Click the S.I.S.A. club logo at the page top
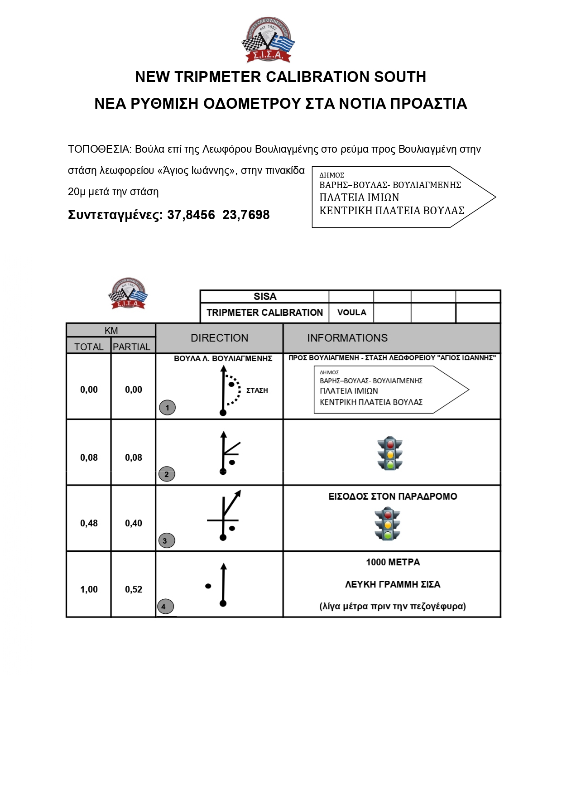tap(268, 40)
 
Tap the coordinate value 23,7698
tap(246, 215)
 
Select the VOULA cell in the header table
tap(351, 313)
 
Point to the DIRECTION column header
tap(219, 338)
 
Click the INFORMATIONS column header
tap(347, 338)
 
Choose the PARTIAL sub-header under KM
tap(131, 347)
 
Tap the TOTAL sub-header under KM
tap(89, 347)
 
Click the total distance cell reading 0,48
tap(89, 523)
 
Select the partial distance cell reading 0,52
tap(134, 589)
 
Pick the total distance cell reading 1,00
tap(89, 589)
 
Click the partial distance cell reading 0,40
tap(134, 523)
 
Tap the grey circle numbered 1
tap(167, 408)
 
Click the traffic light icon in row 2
tap(389, 453)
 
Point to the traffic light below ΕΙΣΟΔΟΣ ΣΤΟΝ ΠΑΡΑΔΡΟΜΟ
tap(387, 524)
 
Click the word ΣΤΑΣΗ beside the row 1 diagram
tap(257, 390)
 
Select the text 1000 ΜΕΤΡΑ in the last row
tap(393, 563)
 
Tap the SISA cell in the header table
tap(264, 297)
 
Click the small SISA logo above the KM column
tap(128, 294)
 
